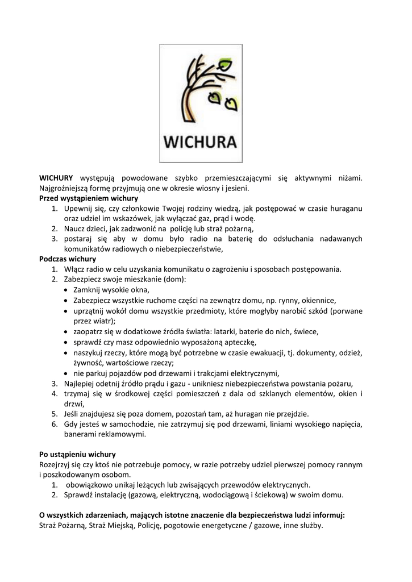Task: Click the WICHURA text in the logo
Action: click(x=200, y=140)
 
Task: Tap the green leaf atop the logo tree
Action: click(x=226, y=64)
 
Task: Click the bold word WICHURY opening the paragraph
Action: click(x=57, y=178)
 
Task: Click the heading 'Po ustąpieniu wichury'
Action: click(x=77, y=454)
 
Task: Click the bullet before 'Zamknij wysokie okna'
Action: click(x=67, y=290)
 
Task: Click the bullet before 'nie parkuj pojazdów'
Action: click(x=67, y=373)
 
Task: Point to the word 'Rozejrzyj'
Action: click(x=55, y=464)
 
